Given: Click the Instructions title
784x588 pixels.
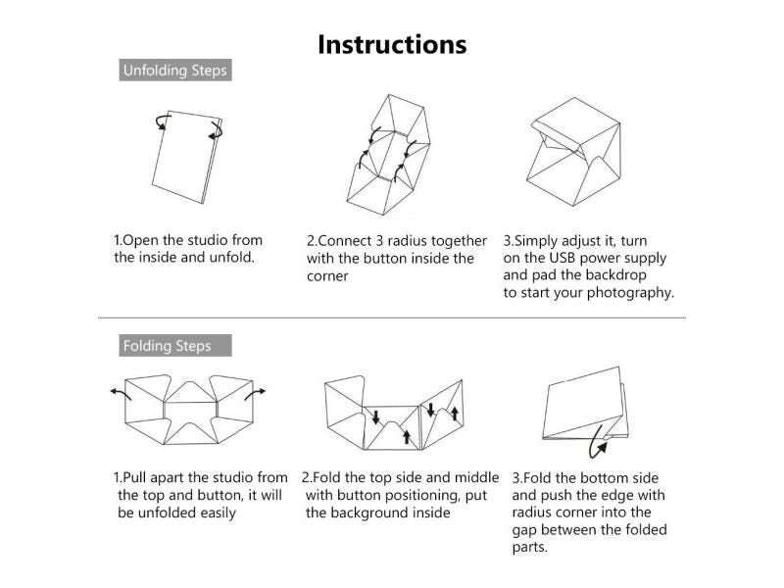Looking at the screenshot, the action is [392, 44].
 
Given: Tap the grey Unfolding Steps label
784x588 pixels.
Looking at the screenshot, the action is [175, 70].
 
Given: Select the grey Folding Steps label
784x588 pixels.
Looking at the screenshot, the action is [175, 346].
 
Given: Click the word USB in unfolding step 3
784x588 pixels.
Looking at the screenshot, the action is [562, 258].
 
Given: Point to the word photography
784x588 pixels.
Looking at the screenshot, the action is [630, 293].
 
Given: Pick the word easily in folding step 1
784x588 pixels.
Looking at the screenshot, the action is [218, 514].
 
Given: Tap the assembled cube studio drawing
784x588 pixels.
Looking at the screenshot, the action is [573, 152].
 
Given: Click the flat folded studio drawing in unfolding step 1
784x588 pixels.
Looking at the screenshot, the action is [186, 157].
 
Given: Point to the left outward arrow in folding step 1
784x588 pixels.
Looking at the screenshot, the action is [121, 394].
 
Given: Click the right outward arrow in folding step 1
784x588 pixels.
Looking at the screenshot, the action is [255, 394].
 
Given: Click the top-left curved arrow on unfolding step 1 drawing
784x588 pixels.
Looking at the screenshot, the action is [163, 122].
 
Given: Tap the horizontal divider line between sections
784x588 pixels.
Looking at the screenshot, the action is [392, 318].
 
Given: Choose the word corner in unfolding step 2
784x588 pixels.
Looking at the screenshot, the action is [327, 276].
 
